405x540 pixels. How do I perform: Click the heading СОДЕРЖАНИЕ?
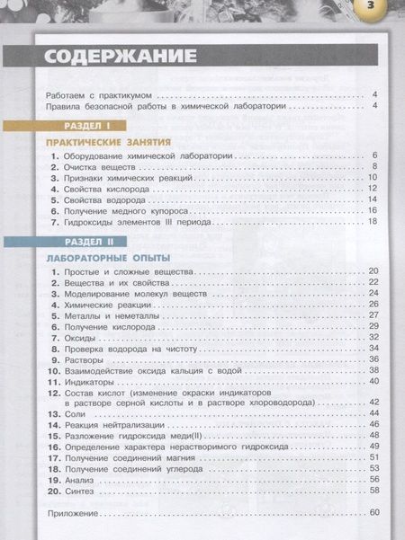point(121,56)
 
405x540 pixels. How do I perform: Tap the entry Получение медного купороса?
point(121,209)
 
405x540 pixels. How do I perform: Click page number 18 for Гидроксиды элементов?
point(373,220)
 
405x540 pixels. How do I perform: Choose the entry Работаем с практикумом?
point(99,94)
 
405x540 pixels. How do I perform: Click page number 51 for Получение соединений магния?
point(373,457)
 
